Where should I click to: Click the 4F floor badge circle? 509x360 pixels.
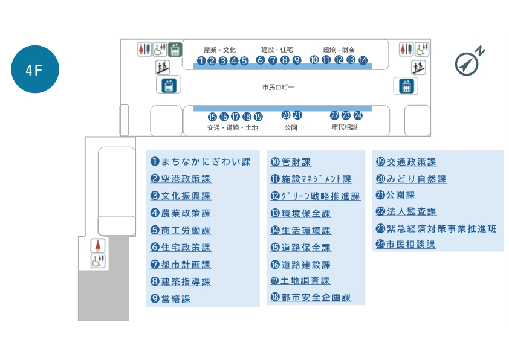pyautogui.click(x=35, y=69)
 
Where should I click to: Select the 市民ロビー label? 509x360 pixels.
pyautogui.click(x=278, y=88)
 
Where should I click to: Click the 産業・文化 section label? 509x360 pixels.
pyautogui.click(x=219, y=50)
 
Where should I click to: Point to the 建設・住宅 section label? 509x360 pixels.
pyautogui.click(x=277, y=50)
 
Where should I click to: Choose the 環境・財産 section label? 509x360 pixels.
pyautogui.click(x=339, y=50)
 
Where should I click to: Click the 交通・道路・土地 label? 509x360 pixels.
pyautogui.click(x=233, y=127)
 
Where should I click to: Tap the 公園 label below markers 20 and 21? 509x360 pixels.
pyautogui.click(x=291, y=128)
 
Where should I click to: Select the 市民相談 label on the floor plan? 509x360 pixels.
pyautogui.click(x=344, y=127)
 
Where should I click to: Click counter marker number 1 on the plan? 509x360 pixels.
pyautogui.click(x=201, y=60)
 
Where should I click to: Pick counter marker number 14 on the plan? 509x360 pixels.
pyautogui.click(x=363, y=60)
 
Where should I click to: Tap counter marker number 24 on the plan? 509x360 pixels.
pyautogui.click(x=358, y=115)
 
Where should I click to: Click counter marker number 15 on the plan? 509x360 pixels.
pyautogui.click(x=212, y=117)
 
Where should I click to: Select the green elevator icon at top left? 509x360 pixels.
pyautogui.click(x=175, y=49)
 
